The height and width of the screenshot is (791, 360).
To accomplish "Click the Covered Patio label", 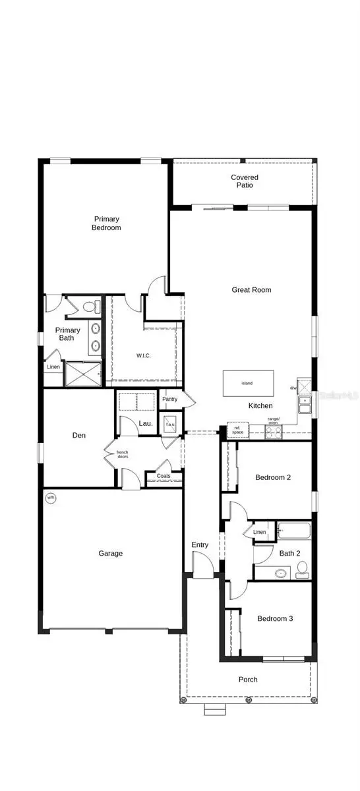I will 244,181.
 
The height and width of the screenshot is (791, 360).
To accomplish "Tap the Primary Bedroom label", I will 107,223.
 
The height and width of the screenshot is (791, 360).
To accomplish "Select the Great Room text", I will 251,290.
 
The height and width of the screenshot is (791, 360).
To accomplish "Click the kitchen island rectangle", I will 247,382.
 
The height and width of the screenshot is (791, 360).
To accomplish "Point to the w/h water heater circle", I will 51,498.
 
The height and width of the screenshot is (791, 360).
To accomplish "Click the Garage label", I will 110,554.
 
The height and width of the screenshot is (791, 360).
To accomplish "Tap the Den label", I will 79,435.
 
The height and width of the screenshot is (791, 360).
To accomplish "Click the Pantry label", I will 169,399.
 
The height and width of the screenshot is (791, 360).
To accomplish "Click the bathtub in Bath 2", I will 294,529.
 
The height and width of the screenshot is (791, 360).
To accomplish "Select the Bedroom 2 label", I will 273,477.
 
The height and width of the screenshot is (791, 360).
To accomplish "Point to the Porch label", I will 248,679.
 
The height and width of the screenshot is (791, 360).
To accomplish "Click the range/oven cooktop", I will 274,432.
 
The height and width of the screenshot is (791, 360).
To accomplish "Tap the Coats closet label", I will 164,476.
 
